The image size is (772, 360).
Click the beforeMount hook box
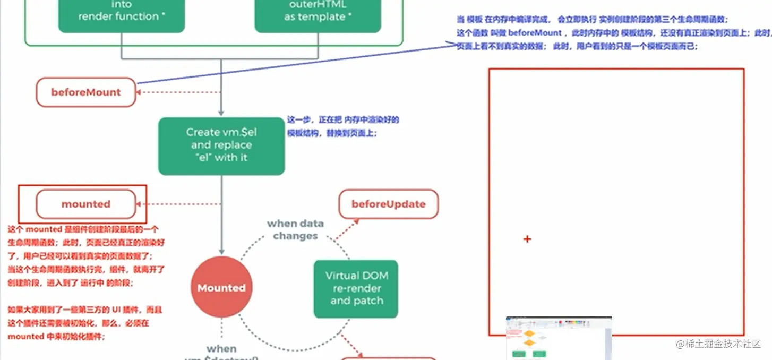pos(86,92)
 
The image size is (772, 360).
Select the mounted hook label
pos(86,204)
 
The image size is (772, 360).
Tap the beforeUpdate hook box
pos(389,204)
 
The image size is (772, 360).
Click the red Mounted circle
pos(221,288)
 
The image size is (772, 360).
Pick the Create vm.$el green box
pos(221,145)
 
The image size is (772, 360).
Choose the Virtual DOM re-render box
pos(356,288)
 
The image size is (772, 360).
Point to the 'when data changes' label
pos(295,229)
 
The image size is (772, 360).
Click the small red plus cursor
pos(527,239)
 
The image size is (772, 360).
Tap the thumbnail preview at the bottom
pos(559,338)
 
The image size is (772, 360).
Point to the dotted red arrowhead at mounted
pos(139,204)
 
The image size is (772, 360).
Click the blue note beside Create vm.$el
pos(342,126)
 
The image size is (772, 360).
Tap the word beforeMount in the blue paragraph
pos(531,33)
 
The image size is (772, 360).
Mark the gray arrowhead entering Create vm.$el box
pos(221,113)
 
